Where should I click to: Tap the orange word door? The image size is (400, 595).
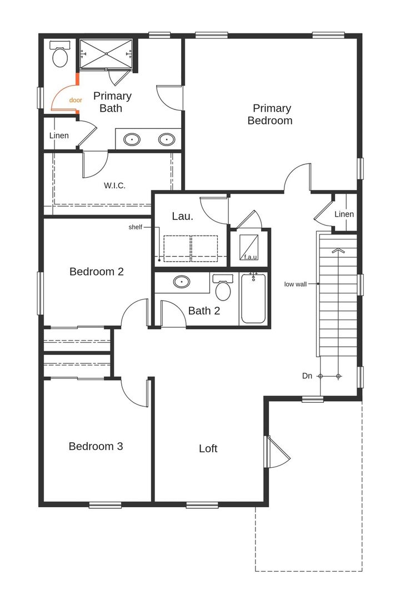76,100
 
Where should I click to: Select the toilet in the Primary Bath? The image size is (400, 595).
59,54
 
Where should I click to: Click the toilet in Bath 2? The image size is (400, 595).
223,287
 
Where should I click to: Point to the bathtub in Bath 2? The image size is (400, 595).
253,298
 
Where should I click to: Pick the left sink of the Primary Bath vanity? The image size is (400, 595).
132,139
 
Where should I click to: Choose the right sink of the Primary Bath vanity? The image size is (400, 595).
166,139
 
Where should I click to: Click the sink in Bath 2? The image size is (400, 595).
182,282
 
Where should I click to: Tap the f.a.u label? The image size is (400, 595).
250,257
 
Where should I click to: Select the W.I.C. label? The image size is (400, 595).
114,185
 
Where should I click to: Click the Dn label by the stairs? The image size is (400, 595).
307,376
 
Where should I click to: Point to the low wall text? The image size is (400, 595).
296,284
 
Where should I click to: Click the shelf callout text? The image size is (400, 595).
136,227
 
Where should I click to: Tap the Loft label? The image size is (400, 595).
208,448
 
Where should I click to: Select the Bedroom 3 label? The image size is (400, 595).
96,446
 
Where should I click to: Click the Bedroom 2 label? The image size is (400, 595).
96,272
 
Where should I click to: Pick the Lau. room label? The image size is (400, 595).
182,216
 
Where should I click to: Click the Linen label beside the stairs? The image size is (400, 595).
344,214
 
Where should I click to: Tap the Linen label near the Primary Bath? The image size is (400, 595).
59,136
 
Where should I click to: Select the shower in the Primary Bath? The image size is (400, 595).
106,54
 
